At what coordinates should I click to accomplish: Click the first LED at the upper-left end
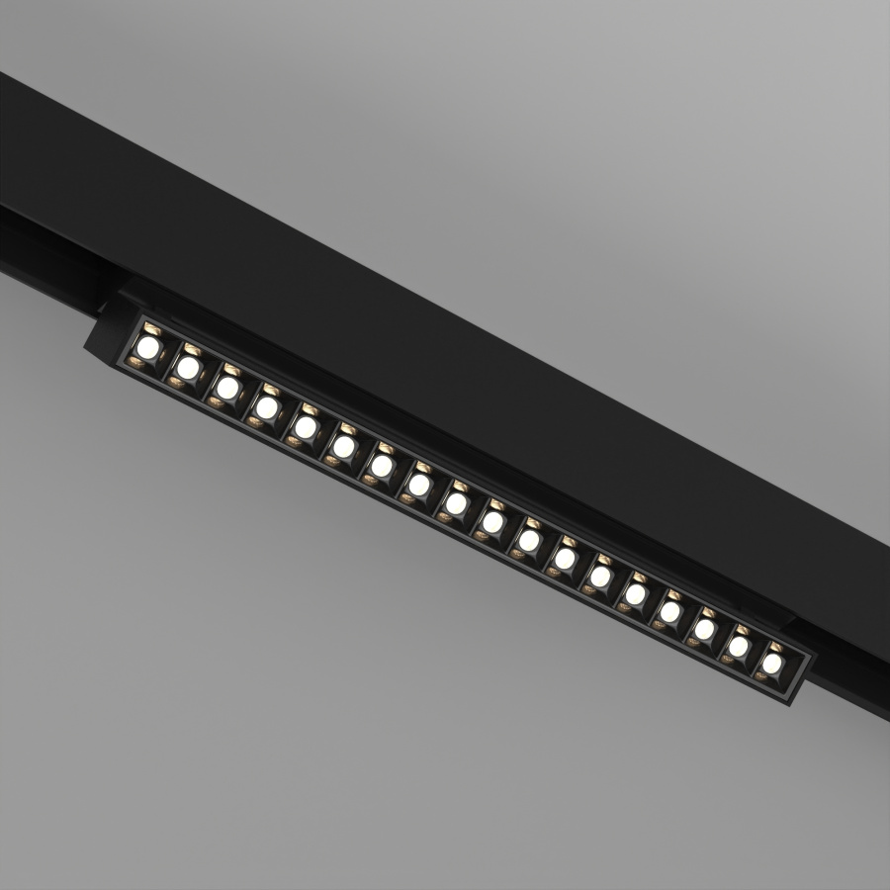click(148, 347)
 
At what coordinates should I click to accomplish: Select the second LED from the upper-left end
click(186, 367)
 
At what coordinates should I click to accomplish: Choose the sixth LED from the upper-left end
click(343, 446)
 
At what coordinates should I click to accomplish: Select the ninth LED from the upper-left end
click(456, 503)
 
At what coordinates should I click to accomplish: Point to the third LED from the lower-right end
click(704, 629)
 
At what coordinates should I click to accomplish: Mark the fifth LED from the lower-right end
click(635, 594)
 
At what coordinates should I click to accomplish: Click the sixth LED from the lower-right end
click(600, 576)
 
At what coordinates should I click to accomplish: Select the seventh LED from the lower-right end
click(565, 559)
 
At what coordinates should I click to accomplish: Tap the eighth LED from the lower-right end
click(529, 540)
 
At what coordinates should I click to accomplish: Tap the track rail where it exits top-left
click(30, 158)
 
